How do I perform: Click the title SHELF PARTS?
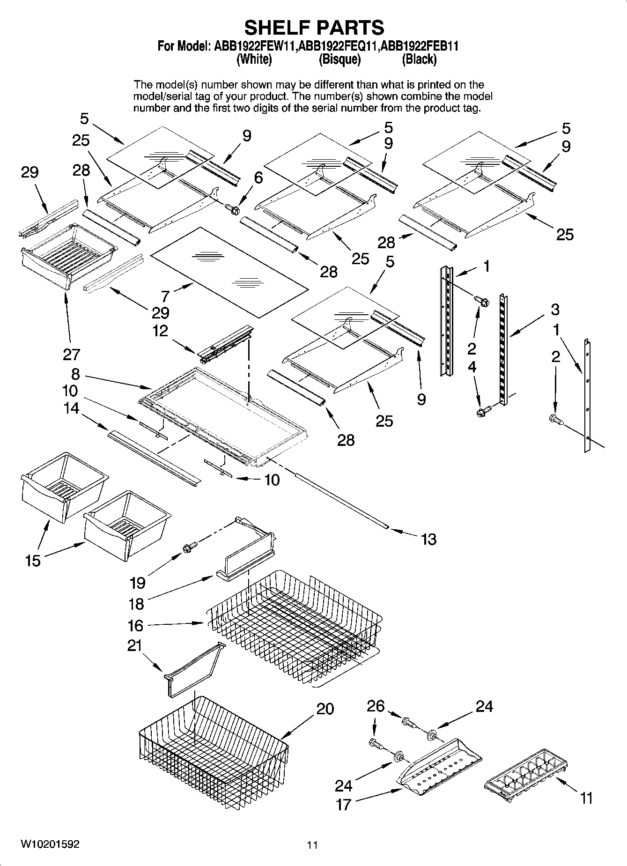pos(314,28)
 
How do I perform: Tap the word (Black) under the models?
pos(419,59)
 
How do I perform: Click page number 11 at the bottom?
pos(312,845)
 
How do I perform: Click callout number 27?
pos(72,354)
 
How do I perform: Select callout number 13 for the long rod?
pos(428,539)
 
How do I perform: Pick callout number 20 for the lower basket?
pos(325,709)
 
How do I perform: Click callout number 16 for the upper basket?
pos(135,625)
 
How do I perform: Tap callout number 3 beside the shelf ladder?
pos(555,309)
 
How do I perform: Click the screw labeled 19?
pos(191,546)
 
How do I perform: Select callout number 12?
pos(160,331)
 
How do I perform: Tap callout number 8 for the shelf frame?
pos(75,374)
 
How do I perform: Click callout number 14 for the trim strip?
pos(71,408)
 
